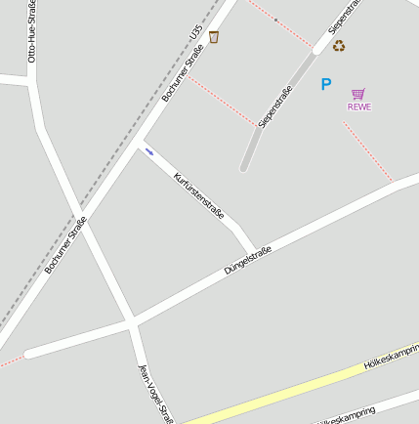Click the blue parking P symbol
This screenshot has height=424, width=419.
[326, 85]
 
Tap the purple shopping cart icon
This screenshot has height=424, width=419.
[358, 94]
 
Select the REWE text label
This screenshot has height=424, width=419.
[359, 106]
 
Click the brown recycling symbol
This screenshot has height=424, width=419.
[339, 45]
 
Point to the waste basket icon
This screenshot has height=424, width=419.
[214, 37]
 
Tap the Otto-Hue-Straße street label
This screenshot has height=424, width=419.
[32, 32]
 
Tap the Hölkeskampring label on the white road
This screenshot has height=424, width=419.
[348, 415]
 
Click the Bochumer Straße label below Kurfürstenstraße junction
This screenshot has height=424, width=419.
[65, 244]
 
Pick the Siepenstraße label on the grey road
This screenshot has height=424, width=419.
[274, 108]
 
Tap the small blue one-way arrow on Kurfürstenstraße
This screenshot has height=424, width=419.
[149, 151]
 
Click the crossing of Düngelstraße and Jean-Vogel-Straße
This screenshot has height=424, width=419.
[130, 322]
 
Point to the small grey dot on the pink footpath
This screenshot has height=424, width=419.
[275, 20]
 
